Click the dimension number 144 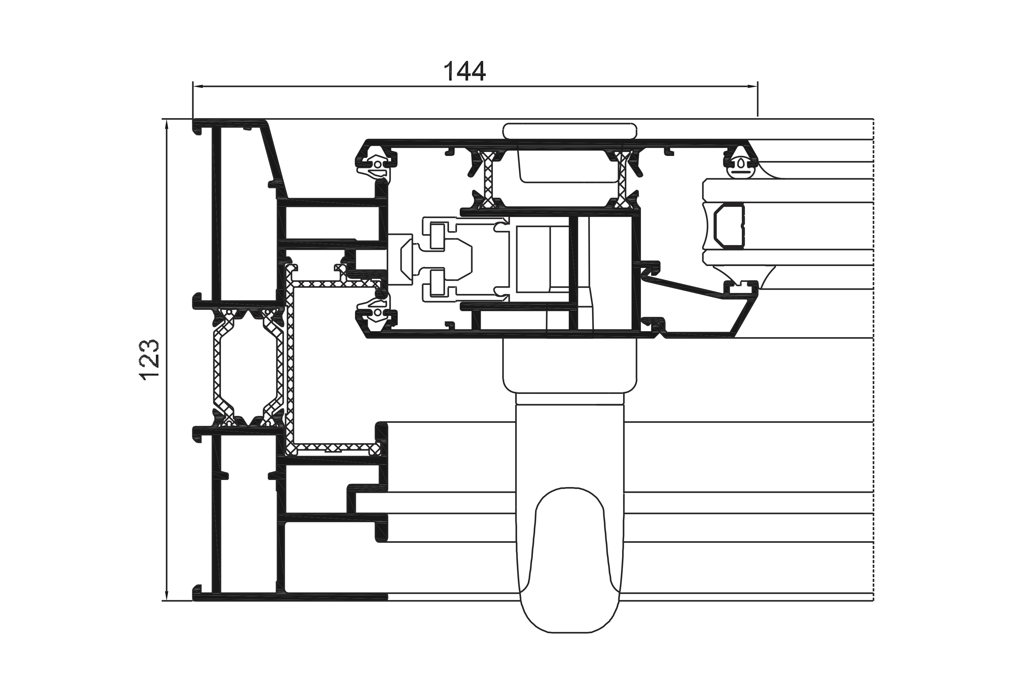click(464, 72)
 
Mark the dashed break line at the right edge click(874, 359)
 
